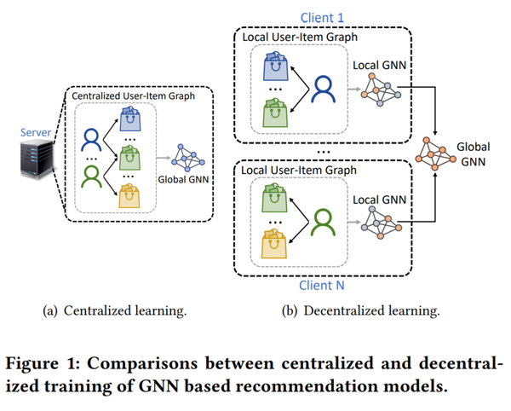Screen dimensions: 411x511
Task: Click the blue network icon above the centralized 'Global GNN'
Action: [x=188, y=153]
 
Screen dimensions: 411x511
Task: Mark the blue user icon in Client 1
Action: [x=324, y=88]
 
